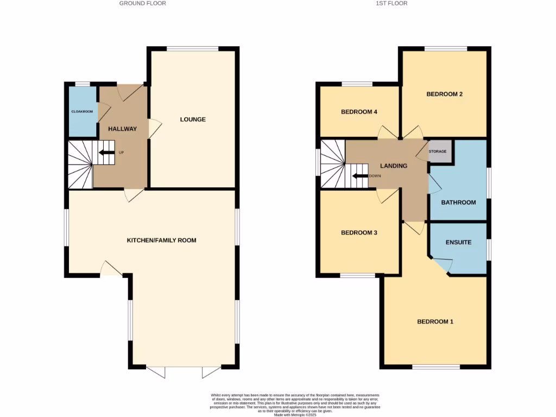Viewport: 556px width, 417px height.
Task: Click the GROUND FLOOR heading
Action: (143, 3)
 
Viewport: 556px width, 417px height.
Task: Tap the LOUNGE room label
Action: (193, 119)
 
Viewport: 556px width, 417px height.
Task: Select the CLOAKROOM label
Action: (82, 111)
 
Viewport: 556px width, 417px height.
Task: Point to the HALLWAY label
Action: (122, 129)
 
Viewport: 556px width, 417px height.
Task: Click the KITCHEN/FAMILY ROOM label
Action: (161, 240)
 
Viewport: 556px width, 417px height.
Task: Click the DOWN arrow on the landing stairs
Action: (359, 176)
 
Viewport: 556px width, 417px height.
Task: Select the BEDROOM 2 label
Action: (444, 94)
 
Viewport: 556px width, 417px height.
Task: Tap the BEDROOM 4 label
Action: (359, 112)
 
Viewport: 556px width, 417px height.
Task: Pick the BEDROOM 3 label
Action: (359, 232)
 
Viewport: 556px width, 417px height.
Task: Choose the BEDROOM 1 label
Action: (435, 321)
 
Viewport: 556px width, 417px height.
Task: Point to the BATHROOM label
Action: (458, 203)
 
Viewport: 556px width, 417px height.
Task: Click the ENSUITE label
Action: (458, 242)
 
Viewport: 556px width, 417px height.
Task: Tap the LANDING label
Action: (393, 166)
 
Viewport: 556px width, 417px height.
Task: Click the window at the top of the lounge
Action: (193, 49)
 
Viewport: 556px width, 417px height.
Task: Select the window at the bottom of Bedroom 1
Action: (436, 368)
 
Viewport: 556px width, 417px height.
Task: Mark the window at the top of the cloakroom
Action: (83, 84)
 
